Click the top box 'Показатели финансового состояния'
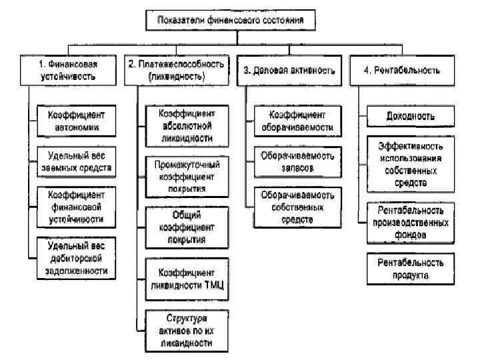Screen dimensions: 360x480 (229, 21)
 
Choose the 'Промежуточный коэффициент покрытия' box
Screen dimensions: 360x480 (186, 176)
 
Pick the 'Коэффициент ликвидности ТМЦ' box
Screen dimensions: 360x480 (186, 278)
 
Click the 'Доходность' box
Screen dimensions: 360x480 (411, 115)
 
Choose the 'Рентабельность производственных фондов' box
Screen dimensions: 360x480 (411, 222)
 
